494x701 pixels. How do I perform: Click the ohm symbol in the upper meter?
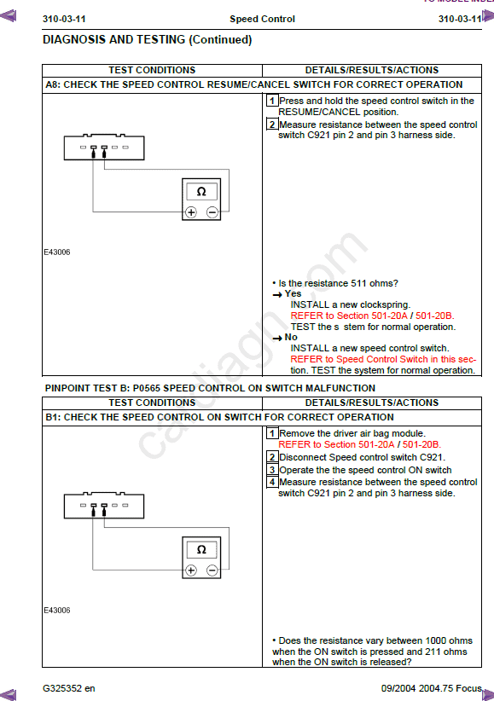point(201,192)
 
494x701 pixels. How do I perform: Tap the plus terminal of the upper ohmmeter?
point(191,212)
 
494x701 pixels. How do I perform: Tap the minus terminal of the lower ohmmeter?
point(212,570)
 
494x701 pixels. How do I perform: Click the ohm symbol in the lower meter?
point(201,549)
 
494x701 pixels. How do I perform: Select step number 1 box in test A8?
point(272,101)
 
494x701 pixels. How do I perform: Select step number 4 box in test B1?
point(272,482)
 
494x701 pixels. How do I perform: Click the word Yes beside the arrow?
point(293,293)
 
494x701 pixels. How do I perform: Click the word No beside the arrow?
point(291,337)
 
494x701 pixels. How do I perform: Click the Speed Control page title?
point(262,19)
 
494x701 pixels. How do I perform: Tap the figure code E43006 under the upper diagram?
point(57,252)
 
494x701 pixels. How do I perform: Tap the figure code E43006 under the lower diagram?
point(57,611)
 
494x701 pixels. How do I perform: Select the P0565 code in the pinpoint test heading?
point(148,388)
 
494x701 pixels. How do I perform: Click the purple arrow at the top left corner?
point(8,16)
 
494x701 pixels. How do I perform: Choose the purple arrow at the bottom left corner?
point(8,694)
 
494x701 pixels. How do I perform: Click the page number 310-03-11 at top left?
point(64,19)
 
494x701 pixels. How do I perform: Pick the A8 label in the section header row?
point(53,84)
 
